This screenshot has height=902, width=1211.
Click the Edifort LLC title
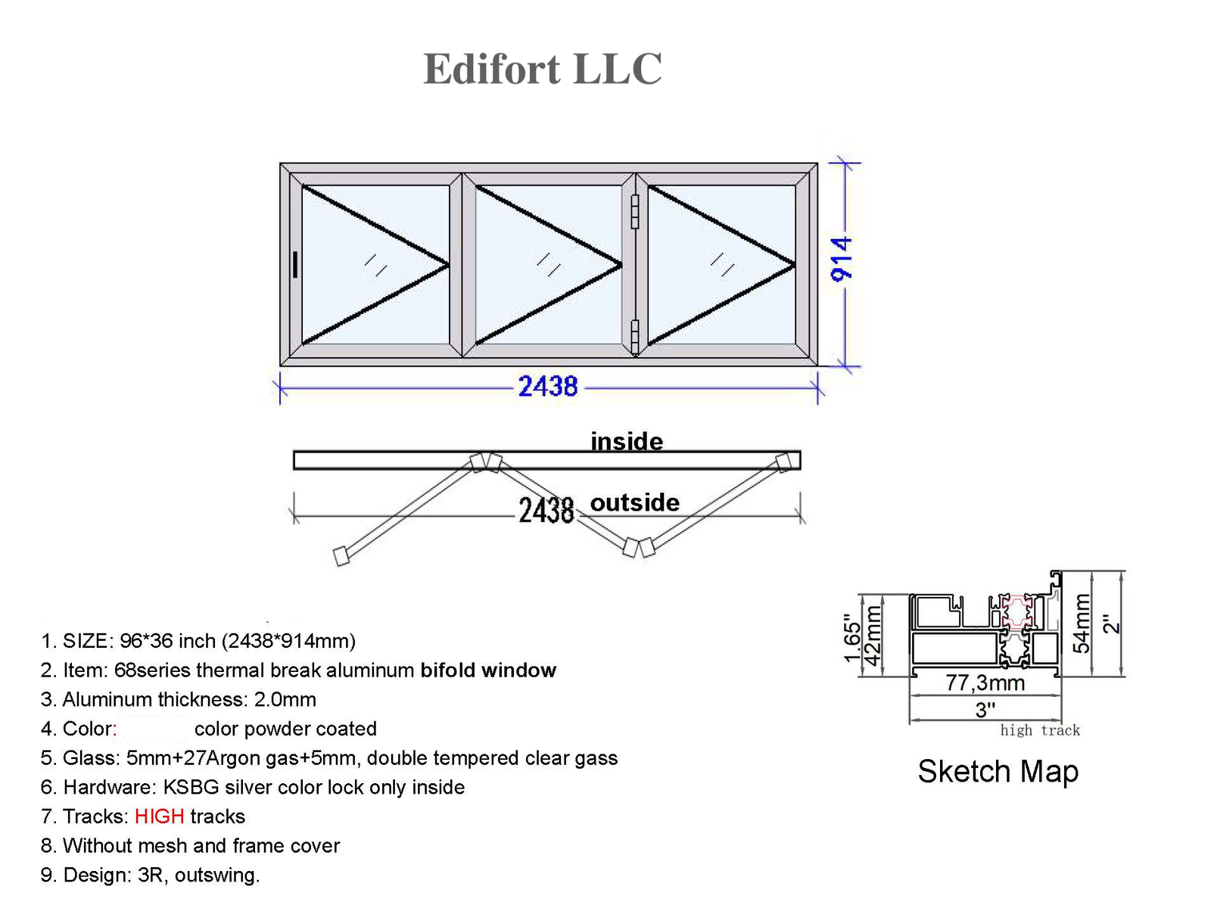(x=542, y=69)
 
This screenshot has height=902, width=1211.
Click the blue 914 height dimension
(x=842, y=260)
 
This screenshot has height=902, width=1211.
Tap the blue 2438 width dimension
(x=548, y=386)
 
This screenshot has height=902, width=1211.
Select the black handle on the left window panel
(x=295, y=264)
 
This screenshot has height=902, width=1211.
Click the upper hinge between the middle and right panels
(x=634, y=212)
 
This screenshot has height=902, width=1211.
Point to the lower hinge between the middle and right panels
(x=634, y=336)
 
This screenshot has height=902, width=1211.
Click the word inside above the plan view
(x=627, y=441)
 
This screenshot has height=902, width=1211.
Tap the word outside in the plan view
(x=635, y=502)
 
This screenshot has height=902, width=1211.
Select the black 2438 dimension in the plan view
(x=546, y=511)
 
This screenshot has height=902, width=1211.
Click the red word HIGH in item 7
(x=160, y=816)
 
